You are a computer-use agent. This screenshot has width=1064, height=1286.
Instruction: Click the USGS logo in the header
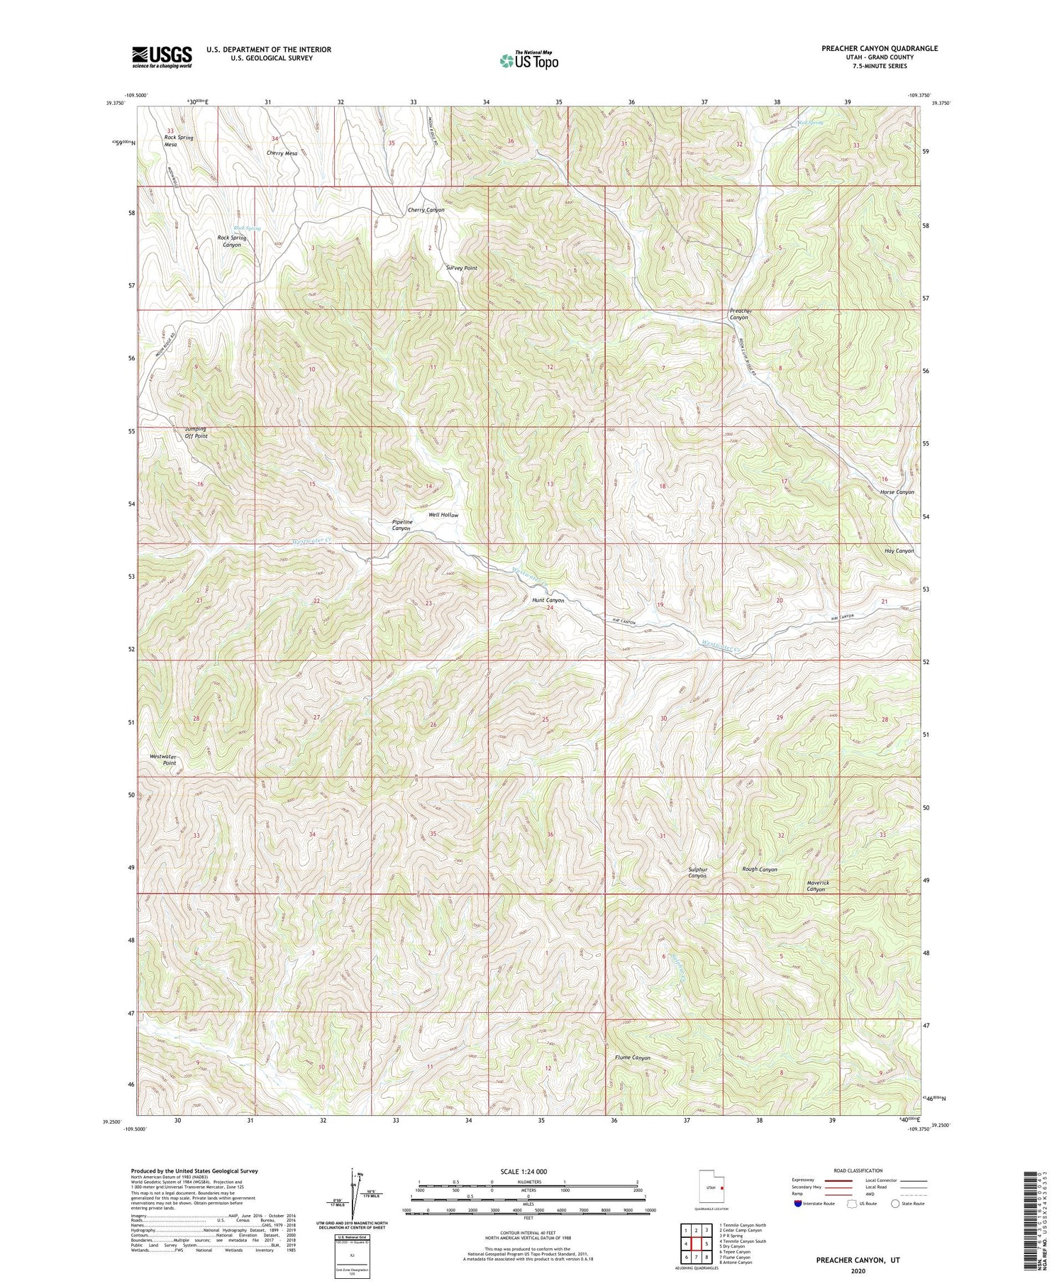pos(161,56)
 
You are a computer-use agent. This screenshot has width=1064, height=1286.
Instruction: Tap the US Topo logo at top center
pos(528,60)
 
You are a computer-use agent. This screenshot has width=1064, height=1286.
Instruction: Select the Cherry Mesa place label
pos(282,153)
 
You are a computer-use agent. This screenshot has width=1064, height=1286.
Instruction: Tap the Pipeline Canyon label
pos(401,525)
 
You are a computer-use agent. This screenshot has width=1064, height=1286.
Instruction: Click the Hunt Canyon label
pos(548,600)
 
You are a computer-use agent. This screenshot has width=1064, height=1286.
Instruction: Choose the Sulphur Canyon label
pos(697,872)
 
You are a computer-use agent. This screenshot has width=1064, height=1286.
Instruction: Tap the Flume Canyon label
pos(632,1058)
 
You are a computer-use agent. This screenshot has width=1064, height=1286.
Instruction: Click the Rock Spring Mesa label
pos(178,140)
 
